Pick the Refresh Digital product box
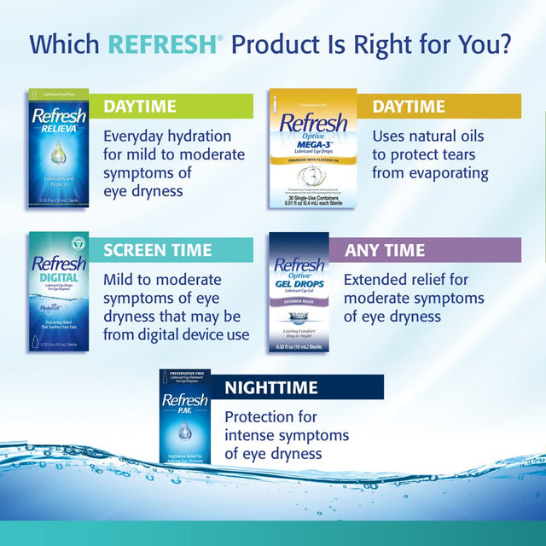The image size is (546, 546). pyautogui.click(x=58, y=291)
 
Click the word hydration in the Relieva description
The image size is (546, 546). pyautogui.click(x=200, y=136)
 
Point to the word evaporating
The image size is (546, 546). pyautogui.click(x=445, y=172)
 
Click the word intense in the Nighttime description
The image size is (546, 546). pyautogui.click(x=252, y=435)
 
